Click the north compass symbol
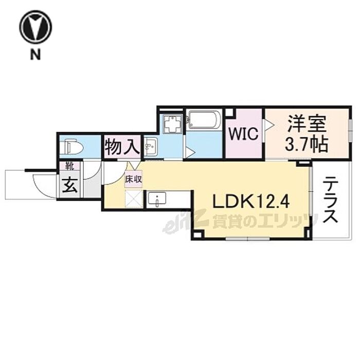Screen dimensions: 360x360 click(x=35, y=27)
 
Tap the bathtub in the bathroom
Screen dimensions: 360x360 click(x=204, y=120)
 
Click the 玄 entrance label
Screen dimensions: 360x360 click(x=69, y=186)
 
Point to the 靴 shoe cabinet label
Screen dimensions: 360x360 click(x=68, y=167)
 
